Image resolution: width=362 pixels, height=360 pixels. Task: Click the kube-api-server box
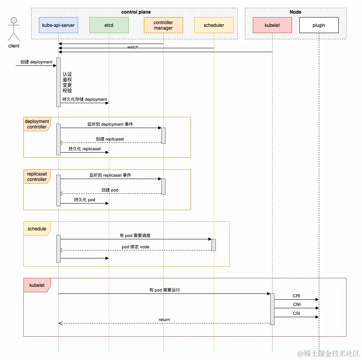pos(58,25)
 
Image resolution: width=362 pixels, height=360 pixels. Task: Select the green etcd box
pos(109,25)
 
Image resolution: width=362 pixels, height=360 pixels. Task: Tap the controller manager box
pos(163,25)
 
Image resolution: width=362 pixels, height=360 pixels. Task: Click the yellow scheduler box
pos(214,25)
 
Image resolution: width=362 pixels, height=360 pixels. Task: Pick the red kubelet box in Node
pos(272,25)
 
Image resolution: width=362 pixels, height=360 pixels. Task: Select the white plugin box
pos(319,25)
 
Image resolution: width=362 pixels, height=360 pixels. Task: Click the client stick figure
pos(14,29)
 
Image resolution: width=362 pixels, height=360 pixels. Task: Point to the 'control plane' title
pos(136,12)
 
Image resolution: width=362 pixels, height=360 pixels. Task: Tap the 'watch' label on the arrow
pos(133,47)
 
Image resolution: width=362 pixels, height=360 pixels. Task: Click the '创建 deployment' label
pos(37,62)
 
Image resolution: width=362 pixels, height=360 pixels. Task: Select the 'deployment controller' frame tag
pos(37,124)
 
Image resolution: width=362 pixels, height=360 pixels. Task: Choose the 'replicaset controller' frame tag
pos(37,177)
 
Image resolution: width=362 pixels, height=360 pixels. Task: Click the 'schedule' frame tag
pos(37,229)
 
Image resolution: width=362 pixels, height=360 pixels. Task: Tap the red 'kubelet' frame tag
pos(37,285)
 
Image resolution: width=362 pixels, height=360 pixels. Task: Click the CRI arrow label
pos(296,296)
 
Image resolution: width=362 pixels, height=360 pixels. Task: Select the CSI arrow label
pos(296,313)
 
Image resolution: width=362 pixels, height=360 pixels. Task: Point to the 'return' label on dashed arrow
pos(164,320)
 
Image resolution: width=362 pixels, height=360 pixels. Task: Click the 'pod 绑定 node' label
pos(135,247)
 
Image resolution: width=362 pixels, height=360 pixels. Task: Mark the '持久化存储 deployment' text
pos(85,99)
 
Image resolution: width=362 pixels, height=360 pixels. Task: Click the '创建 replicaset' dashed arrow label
pos(110,139)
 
